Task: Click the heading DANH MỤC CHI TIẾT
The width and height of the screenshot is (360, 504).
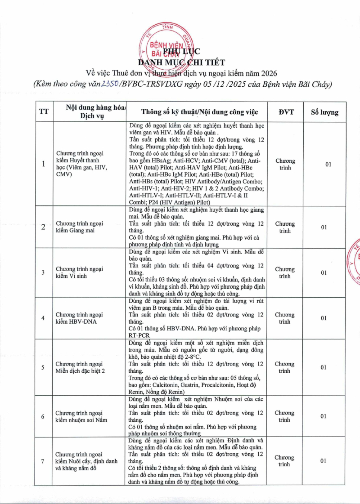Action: tap(181, 62)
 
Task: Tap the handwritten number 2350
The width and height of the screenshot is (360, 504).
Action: tap(111, 84)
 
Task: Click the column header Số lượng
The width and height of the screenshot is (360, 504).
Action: tap(324, 112)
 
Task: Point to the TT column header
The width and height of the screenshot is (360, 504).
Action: tap(44, 112)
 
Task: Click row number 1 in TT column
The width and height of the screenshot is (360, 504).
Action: tap(44, 164)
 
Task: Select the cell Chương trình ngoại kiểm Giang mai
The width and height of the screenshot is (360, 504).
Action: tap(79, 227)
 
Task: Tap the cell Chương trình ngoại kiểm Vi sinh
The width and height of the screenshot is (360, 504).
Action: tap(79, 273)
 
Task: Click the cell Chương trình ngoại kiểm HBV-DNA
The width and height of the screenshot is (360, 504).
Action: tap(79, 318)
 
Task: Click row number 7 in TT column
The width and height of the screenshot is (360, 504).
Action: tap(43, 461)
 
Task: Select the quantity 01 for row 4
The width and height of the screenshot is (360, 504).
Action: tap(324, 318)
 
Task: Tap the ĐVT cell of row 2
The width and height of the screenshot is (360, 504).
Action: tap(284, 227)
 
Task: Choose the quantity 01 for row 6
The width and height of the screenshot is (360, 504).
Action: tap(324, 416)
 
